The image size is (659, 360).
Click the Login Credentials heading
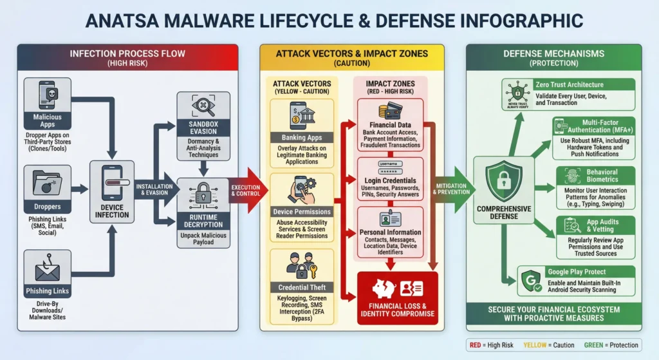click(391, 181)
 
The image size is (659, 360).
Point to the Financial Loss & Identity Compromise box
click(397, 298)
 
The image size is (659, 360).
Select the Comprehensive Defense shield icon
click(503, 181)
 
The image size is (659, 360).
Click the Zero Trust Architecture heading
click(569, 85)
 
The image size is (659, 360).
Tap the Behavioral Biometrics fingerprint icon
click(569, 176)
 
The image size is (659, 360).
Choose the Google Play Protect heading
click(577, 272)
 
